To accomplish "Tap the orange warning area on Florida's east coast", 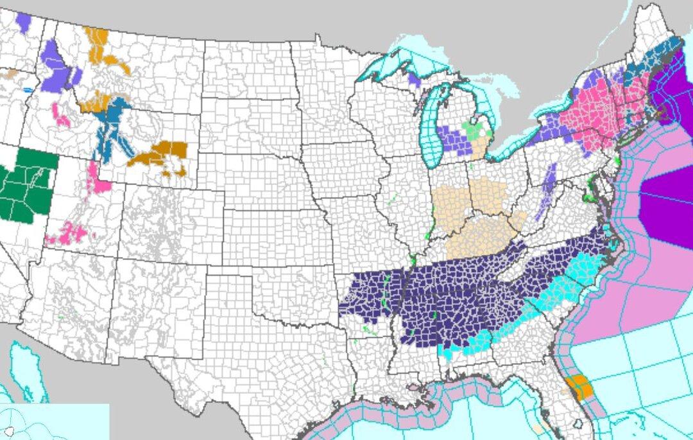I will pyautogui.click(x=581, y=387).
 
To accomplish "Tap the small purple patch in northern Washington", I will pyautogui.click(x=23, y=23).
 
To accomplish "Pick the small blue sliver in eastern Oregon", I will pyautogui.click(x=27, y=90).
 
